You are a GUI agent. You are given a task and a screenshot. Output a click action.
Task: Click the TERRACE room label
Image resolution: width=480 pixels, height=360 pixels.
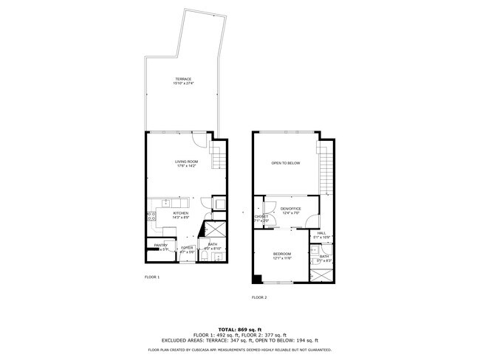[183, 78]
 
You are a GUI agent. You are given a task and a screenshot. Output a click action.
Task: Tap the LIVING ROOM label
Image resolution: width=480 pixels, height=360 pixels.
[186, 162]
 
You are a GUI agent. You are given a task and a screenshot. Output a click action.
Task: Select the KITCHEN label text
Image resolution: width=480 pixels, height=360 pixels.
[181, 213]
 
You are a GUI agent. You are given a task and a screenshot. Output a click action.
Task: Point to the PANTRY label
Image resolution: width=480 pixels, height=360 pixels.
[160, 246]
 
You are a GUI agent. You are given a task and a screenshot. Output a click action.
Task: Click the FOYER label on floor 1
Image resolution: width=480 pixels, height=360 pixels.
[188, 248]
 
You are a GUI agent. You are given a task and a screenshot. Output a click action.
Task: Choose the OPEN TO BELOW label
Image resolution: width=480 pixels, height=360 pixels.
[285, 162]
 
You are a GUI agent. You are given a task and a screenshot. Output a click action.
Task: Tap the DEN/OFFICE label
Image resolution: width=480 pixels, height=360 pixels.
[291, 210]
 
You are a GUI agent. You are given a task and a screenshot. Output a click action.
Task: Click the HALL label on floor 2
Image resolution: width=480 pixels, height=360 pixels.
[321, 233]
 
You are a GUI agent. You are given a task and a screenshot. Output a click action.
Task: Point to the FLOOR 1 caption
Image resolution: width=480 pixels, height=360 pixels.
[151, 277]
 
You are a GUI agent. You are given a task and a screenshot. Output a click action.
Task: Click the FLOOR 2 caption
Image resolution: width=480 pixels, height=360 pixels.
[258, 297]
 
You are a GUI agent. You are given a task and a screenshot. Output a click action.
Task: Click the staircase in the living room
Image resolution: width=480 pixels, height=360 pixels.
[217, 156]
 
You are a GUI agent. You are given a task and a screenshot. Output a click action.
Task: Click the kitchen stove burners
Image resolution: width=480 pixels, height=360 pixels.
[151, 216]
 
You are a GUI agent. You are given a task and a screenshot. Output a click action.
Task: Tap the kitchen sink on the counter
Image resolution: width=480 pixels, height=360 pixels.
[165, 202]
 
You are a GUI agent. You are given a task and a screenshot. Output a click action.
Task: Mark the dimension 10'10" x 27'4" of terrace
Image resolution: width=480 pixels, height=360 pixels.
[183, 83]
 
